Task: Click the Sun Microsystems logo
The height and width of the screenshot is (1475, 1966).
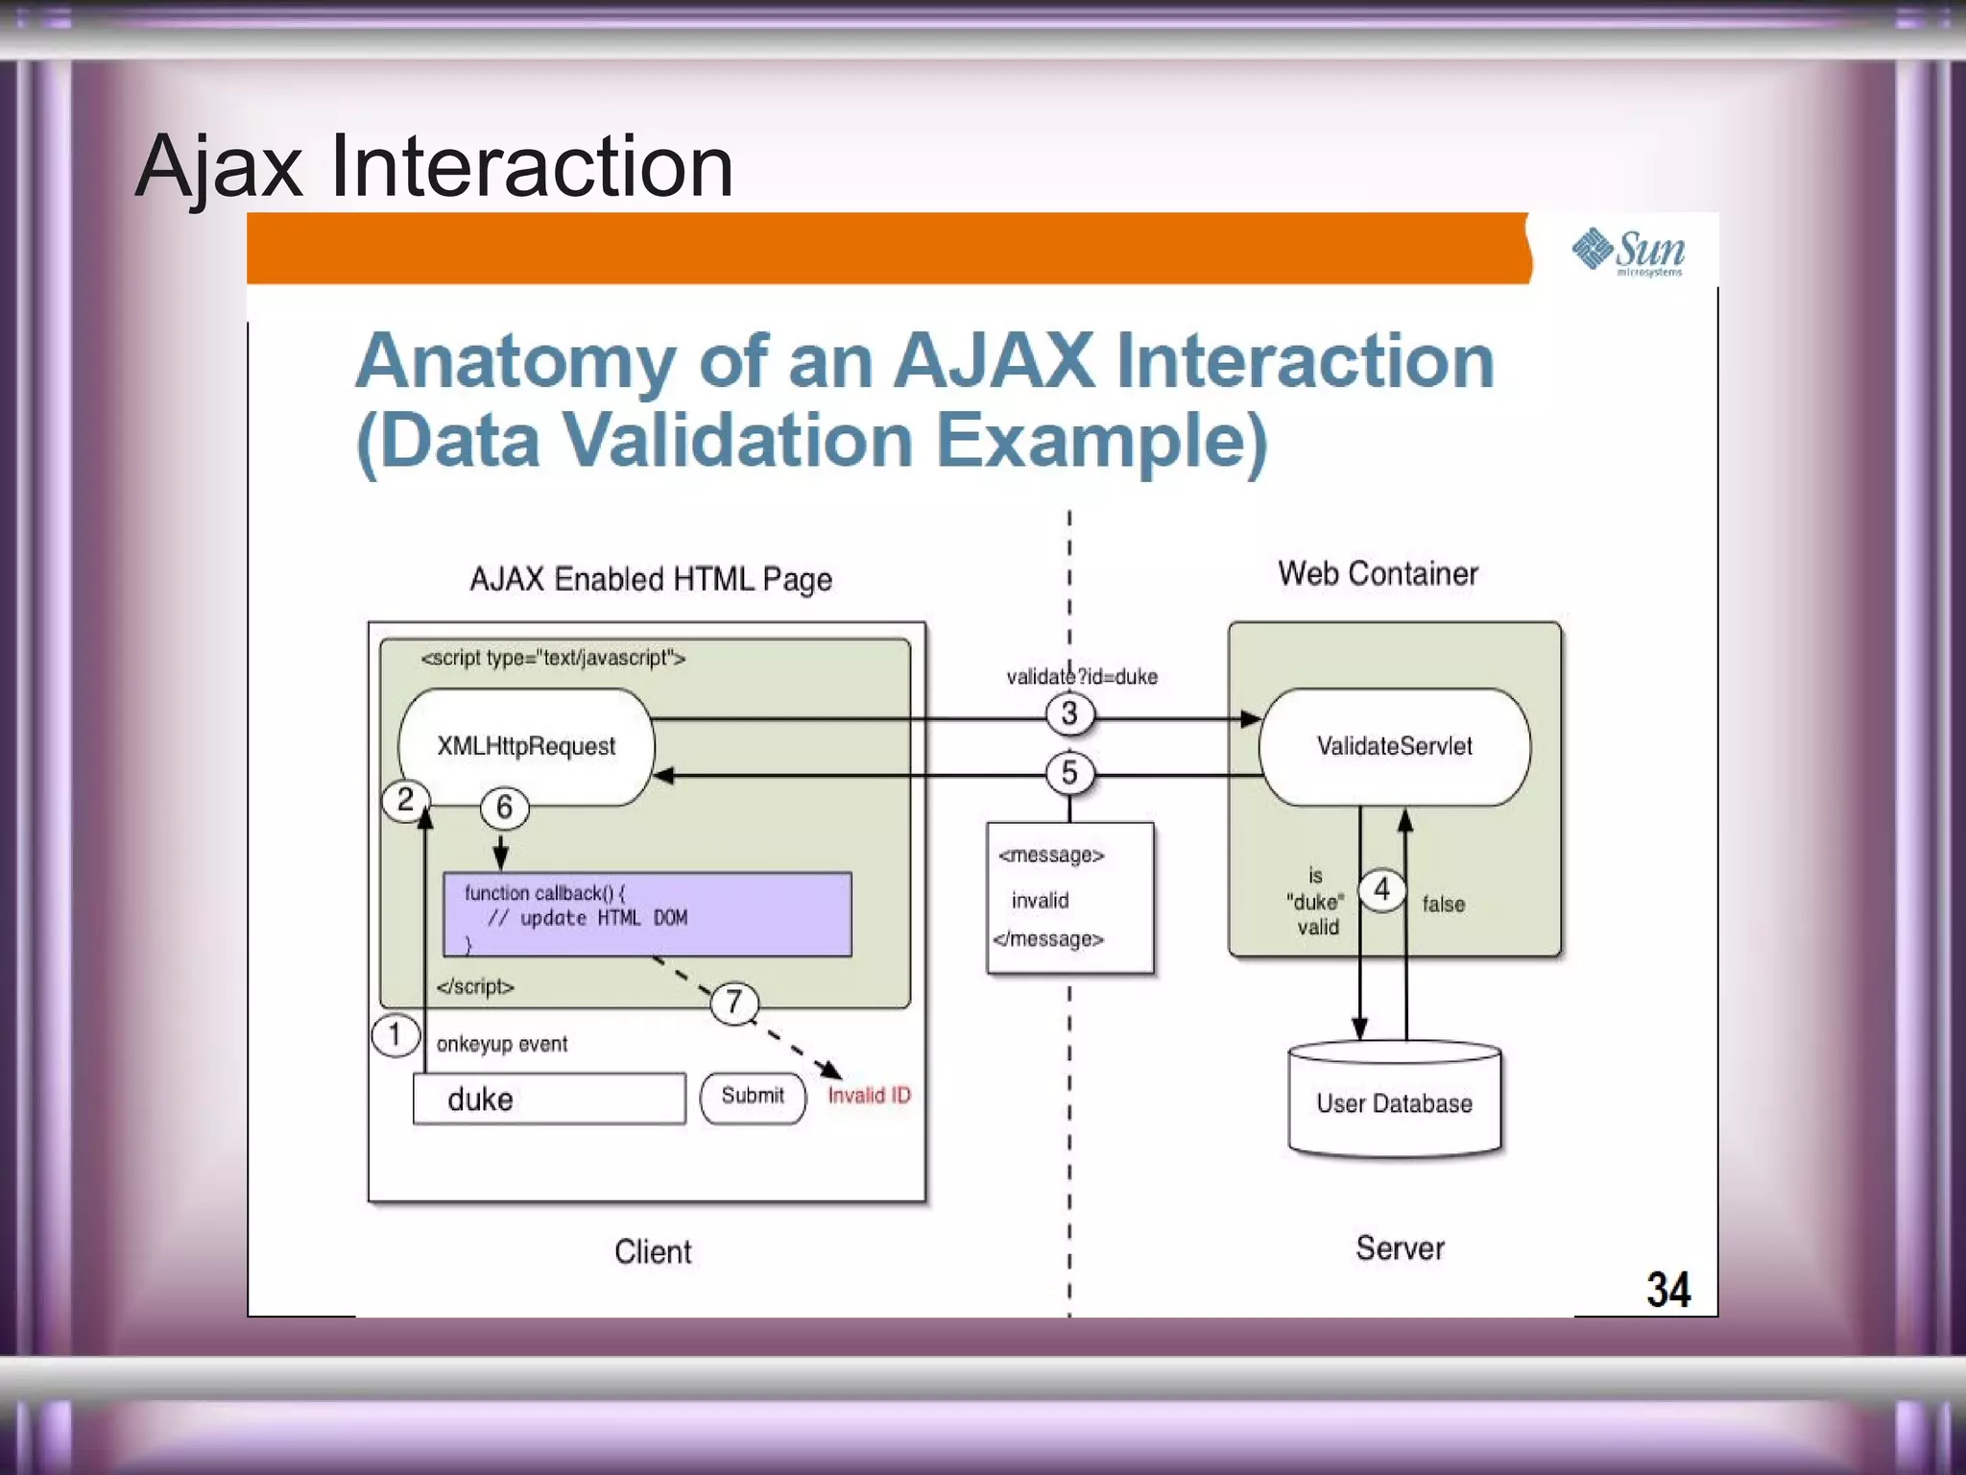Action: [1629, 252]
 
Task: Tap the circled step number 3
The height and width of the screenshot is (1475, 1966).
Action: [1069, 713]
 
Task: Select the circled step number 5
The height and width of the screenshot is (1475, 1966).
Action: [1069, 773]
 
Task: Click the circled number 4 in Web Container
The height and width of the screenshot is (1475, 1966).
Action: [1381, 889]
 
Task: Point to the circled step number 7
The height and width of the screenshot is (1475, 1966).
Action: [734, 1003]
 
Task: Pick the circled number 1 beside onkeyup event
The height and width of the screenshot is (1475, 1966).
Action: [395, 1035]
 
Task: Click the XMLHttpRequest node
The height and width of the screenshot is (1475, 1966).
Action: [526, 746]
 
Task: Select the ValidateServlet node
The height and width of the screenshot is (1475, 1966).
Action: [1394, 746]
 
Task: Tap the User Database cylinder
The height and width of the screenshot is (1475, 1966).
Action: [1394, 1101]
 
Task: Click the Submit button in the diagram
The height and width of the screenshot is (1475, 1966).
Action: [753, 1097]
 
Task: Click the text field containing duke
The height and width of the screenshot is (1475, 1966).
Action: [549, 1099]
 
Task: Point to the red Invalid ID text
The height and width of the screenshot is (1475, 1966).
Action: [869, 1096]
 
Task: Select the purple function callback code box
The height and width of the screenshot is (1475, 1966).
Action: [647, 914]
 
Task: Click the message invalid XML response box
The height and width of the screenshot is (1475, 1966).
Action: [1069, 898]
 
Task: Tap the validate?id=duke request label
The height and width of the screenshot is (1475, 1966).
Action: [1082, 677]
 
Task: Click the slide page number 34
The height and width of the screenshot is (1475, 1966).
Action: [1667, 1290]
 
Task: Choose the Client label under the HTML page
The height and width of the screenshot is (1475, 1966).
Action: [653, 1251]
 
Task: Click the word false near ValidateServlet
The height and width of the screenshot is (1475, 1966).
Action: [1443, 904]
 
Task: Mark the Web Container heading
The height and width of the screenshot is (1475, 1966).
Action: [1378, 574]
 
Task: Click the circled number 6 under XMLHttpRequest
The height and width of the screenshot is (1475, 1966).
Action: [504, 808]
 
